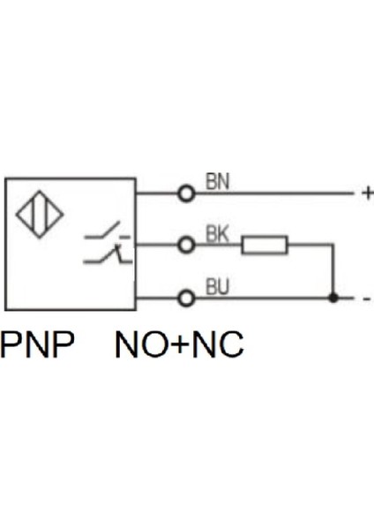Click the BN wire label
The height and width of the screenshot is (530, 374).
coord(218,181)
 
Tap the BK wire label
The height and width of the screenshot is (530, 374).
coord(218,234)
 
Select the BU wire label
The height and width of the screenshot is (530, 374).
coord(218,286)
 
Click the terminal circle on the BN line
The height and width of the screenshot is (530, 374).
coord(186,193)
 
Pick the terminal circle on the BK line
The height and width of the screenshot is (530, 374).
coord(186,245)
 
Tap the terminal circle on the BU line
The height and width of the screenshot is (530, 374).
coord(186,298)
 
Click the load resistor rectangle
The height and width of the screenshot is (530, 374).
coord(265,245)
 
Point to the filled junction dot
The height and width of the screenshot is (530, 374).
coord(333,298)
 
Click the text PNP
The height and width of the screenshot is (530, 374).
coord(36,345)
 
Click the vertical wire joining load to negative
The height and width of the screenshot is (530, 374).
coord(333,269)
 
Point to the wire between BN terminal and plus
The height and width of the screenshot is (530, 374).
coord(273,193)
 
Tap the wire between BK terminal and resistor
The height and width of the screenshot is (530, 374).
coord(218,245)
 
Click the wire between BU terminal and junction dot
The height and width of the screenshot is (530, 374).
coord(260,298)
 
